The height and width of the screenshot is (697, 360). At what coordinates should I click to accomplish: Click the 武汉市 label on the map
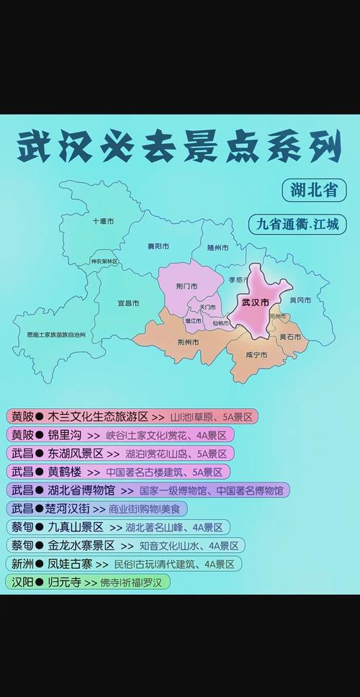(x=256, y=303)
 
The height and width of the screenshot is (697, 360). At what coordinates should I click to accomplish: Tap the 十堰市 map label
(x=103, y=221)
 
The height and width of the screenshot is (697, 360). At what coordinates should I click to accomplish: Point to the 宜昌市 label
(x=128, y=304)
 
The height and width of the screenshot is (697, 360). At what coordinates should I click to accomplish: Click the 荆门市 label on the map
(x=186, y=287)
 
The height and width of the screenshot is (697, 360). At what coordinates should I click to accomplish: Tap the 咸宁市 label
(x=256, y=355)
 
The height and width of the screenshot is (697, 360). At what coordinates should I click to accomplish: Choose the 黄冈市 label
(x=300, y=300)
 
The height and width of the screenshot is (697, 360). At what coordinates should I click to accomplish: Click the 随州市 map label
(x=217, y=248)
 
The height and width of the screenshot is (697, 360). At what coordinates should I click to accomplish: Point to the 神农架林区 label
(x=104, y=261)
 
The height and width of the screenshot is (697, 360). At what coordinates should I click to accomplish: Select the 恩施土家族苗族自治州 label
(x=56, y=335)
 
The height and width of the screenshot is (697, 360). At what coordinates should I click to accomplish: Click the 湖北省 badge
(x=314, y=191)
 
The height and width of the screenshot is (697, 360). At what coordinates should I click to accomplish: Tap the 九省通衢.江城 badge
(x=297, y=224)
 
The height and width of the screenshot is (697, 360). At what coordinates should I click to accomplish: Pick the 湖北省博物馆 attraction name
(x=81, y=490)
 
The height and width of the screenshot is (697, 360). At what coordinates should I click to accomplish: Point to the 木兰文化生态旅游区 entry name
(x=98, y=416)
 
